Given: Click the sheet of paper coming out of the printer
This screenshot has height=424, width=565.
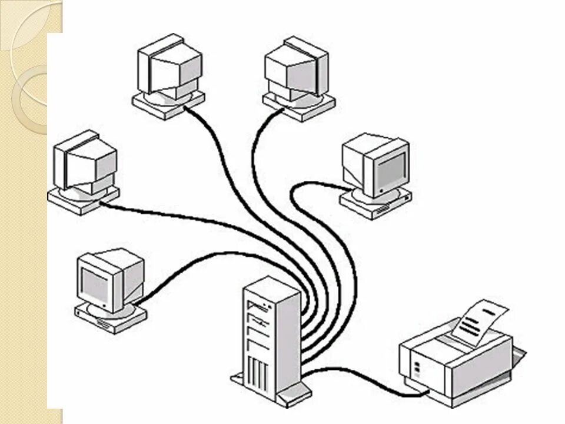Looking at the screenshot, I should click(x=480, y=321).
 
